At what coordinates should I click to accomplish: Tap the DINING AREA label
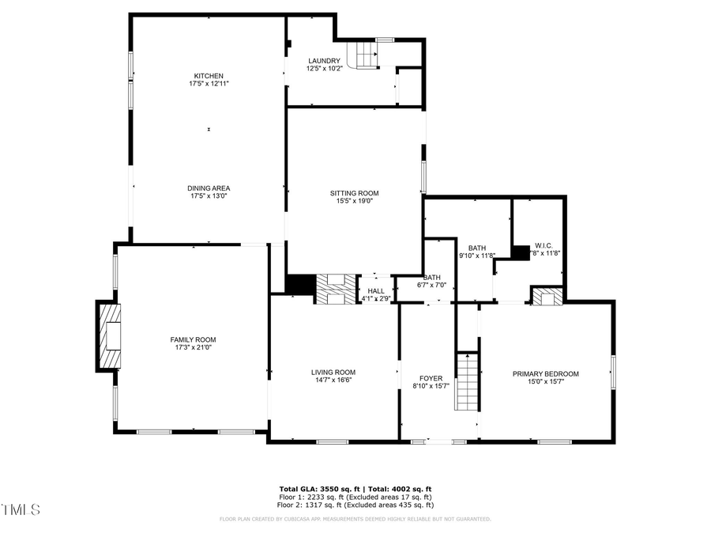[209, 188]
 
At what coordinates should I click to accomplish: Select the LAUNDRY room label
[324, 61]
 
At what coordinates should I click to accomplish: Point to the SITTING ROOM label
[354, 193]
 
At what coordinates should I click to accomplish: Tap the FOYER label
[431, 378]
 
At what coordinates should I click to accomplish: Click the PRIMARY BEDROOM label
[545, 374]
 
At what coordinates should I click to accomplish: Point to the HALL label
[376, 290]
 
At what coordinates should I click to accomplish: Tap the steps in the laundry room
[364, 55]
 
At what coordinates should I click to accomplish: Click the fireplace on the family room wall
[110, 336]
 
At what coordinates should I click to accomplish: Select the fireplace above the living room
[337, 289]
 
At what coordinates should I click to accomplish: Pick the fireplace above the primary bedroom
[547, 297]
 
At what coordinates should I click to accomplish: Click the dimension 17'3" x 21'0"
[194, 347]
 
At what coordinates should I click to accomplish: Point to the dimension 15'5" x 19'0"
[354, 201]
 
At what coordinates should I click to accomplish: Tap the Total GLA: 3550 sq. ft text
[321, 489]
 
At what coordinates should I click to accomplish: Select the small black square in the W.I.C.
[520, 252]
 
